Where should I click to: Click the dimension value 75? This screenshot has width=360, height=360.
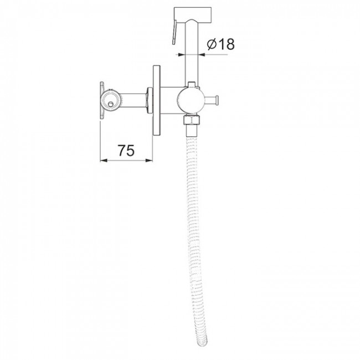tap(126, 151)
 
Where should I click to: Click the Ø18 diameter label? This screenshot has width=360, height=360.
tap(220, 44)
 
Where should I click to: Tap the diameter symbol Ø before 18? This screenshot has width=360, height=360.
tap(212, 44)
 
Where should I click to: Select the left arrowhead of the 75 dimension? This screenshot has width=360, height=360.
tap(104, 161)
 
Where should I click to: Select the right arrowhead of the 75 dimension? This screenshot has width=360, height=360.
tap(149, 161)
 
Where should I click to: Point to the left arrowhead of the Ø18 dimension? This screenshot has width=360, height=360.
tap(182, 54)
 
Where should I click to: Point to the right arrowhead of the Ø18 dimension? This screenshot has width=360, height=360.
tap(202, 54)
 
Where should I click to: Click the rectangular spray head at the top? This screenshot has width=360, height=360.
tap(193, 16)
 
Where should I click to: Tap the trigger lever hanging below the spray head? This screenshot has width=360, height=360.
tap(174, 32)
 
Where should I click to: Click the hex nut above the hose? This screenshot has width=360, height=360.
tap(191, 120)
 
